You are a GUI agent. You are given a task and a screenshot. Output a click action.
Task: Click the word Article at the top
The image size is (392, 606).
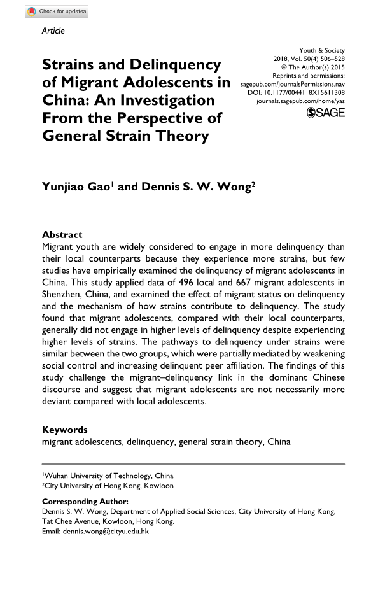point(53,31)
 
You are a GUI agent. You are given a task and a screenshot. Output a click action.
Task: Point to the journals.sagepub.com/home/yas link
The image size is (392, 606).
point(300,101)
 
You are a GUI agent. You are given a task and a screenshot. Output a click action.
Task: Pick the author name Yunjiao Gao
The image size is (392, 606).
point(76,187)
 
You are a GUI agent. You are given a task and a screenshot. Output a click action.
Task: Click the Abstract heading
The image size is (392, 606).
point(62,234)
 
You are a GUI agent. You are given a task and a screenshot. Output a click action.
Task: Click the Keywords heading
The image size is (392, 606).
point(64,430)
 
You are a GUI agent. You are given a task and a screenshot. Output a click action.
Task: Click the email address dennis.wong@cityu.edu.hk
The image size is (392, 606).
point(107,531)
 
